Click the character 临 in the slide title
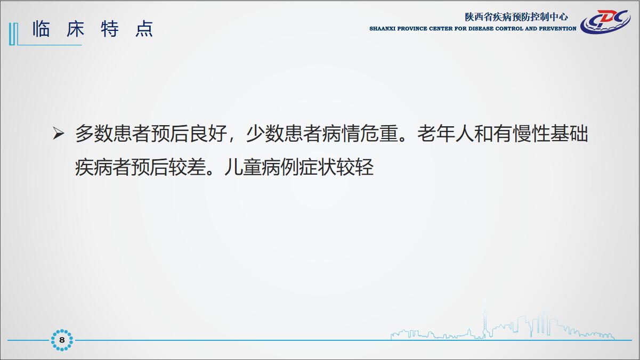41,29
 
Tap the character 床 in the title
76,29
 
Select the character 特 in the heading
110,29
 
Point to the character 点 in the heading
144,29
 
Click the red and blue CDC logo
605,22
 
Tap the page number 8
62,340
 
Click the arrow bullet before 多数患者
59,134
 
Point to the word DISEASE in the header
481,29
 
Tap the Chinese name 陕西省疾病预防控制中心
516,17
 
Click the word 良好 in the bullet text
208,134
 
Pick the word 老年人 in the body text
445,134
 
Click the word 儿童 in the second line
242,167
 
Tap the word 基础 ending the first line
569,134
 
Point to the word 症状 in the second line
318,167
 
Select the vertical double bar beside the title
13,34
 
